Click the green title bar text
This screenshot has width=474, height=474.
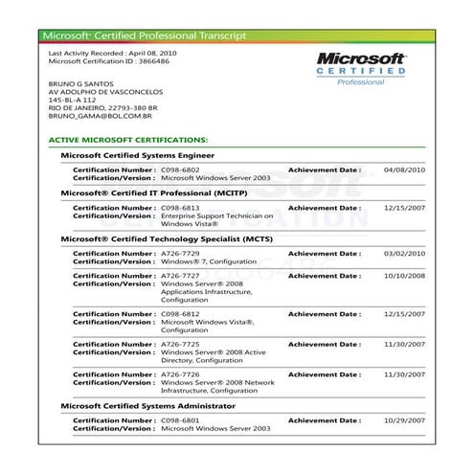click(144, 35)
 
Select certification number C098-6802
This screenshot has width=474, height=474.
click(180, 169)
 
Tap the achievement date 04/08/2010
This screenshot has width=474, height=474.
click(402, 169)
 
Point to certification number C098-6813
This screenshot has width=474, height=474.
click(180, 207)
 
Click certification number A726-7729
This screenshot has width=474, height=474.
click(180, 253)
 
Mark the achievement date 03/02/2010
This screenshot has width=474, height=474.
click(402, 253)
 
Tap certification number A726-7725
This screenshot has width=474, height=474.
click(180, 342)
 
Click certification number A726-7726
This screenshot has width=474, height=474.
click(180, 374)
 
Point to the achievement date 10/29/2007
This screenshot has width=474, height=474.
click(402, 420)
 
